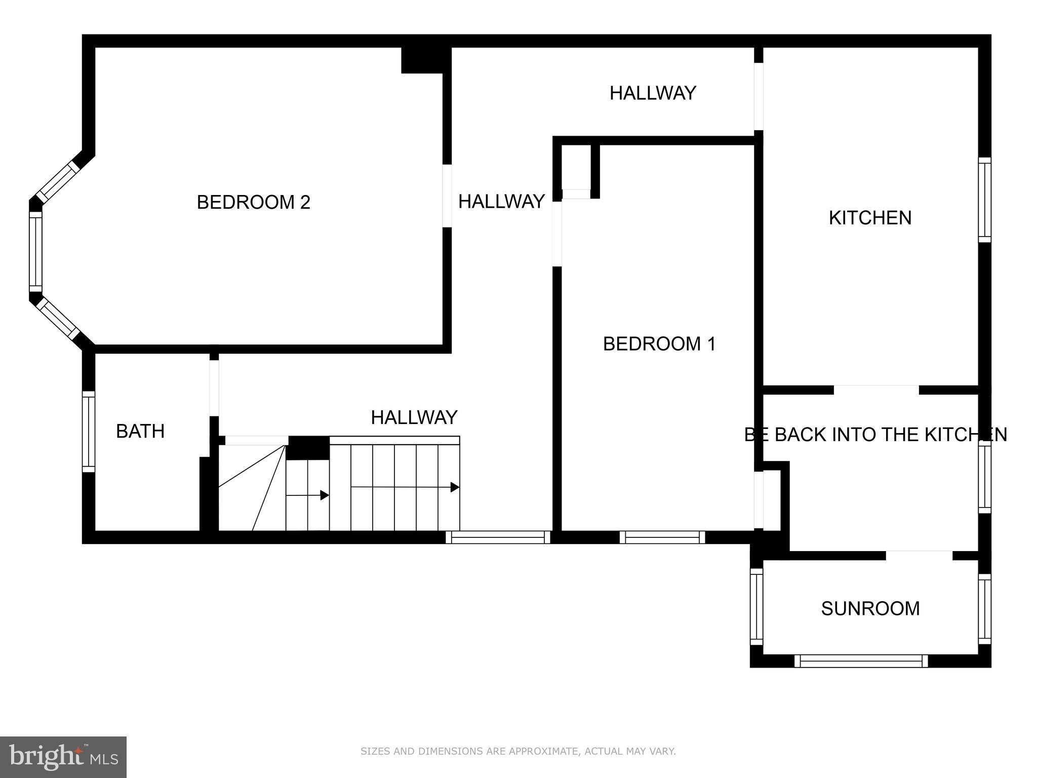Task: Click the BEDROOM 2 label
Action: tap(253, 202)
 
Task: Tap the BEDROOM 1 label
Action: tap(659, 344)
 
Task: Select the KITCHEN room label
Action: tap(870, 218)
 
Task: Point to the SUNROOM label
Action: tap(870, 608)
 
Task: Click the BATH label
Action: tap(140, 432)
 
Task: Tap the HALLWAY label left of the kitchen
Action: tap(653, 93)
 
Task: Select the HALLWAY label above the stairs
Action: tap(414, 417)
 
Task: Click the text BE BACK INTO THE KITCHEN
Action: tap(875, 435)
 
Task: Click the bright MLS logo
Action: tap(63, 757)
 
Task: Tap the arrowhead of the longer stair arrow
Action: tap(455, 487)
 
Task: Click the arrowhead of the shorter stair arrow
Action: tap(325, 495)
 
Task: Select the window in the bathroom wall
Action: tap(89, 432)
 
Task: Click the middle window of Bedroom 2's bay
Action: tap(35, 252)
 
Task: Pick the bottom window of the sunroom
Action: tap(861, 661)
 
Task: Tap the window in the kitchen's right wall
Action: tap(984, 200)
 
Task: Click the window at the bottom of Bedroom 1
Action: tap(662, 537)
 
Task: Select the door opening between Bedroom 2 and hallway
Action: tap(447, 196)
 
